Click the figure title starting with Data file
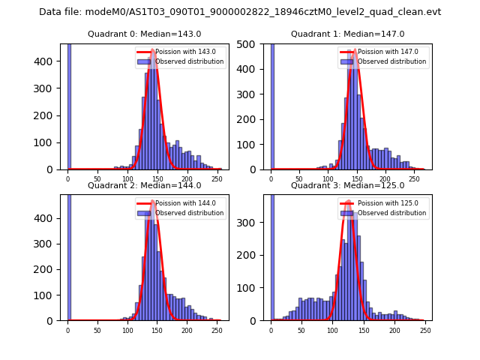click(x=240, y=12)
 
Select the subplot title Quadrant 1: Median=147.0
click(x=347, y=34)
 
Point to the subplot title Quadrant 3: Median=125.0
click(x=347, y=185)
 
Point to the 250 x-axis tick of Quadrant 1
click(x=414, y=181)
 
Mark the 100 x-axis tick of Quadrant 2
click(x=127, y=330)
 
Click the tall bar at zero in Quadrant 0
click(x=68, y=105)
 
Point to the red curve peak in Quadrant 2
click(x=154, y=201)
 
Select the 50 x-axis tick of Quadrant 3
click(x=301, y=330)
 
